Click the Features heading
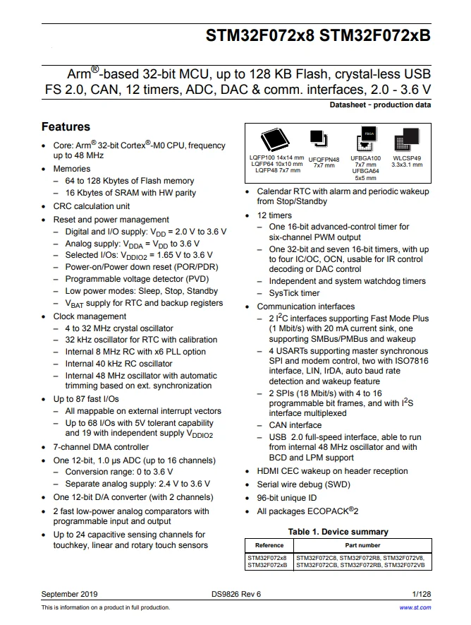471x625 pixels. click(x=66, y=127)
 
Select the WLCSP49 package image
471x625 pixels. click(x=407, y=140)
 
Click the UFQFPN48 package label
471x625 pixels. click(x=324, y=160)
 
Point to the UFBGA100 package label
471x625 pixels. click(x=366, y=159)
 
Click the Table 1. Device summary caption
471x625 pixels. click(x=338, y=532)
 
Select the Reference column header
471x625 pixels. click(x=269, y=545)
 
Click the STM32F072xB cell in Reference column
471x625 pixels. click(x=267, y=564)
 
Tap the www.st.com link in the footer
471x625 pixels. click(x=415, y=607)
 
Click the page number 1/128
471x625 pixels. click(x=422, y=594)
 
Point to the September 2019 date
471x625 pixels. click(x=70, y=594)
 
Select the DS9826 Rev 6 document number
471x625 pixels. click(x=235, y=594)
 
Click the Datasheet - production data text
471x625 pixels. click(x=380, y=105)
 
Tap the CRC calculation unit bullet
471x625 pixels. click(x=92, y=206)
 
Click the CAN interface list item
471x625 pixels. click(x=295, y=425)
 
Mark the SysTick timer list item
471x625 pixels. click(x=294, y=293)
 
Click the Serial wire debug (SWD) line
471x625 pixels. click(x=303, y=484)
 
